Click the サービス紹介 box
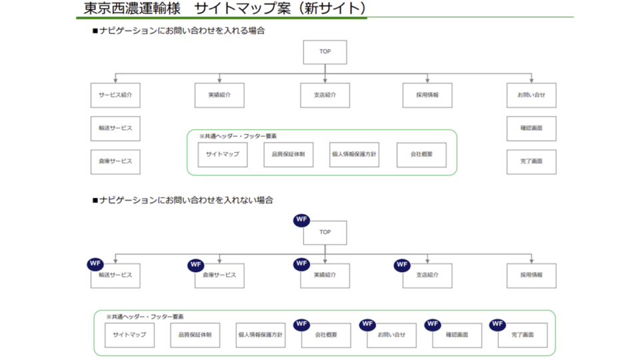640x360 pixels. pos(115,95)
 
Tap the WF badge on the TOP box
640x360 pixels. pos(302,219)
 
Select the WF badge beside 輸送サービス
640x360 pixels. pos(95,264)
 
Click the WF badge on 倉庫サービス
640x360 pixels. pos(195,264)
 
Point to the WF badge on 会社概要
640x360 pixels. pos(302,324)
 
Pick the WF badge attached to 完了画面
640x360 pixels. pos(497,324)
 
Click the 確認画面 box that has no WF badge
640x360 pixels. pos(531,128)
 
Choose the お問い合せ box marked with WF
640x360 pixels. pos(391,335)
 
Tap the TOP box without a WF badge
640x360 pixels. pos(325,52)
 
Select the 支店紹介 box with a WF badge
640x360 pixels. pos(427,275)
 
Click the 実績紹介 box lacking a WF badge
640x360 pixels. pos(219,95)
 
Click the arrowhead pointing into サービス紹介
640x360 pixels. pos(115,81)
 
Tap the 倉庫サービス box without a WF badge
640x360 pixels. pos(115,161)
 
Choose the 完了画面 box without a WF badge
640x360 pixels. pos(531,161)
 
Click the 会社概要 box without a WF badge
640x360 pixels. pos(421,155)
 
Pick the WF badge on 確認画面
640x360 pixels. pos(433,324)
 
